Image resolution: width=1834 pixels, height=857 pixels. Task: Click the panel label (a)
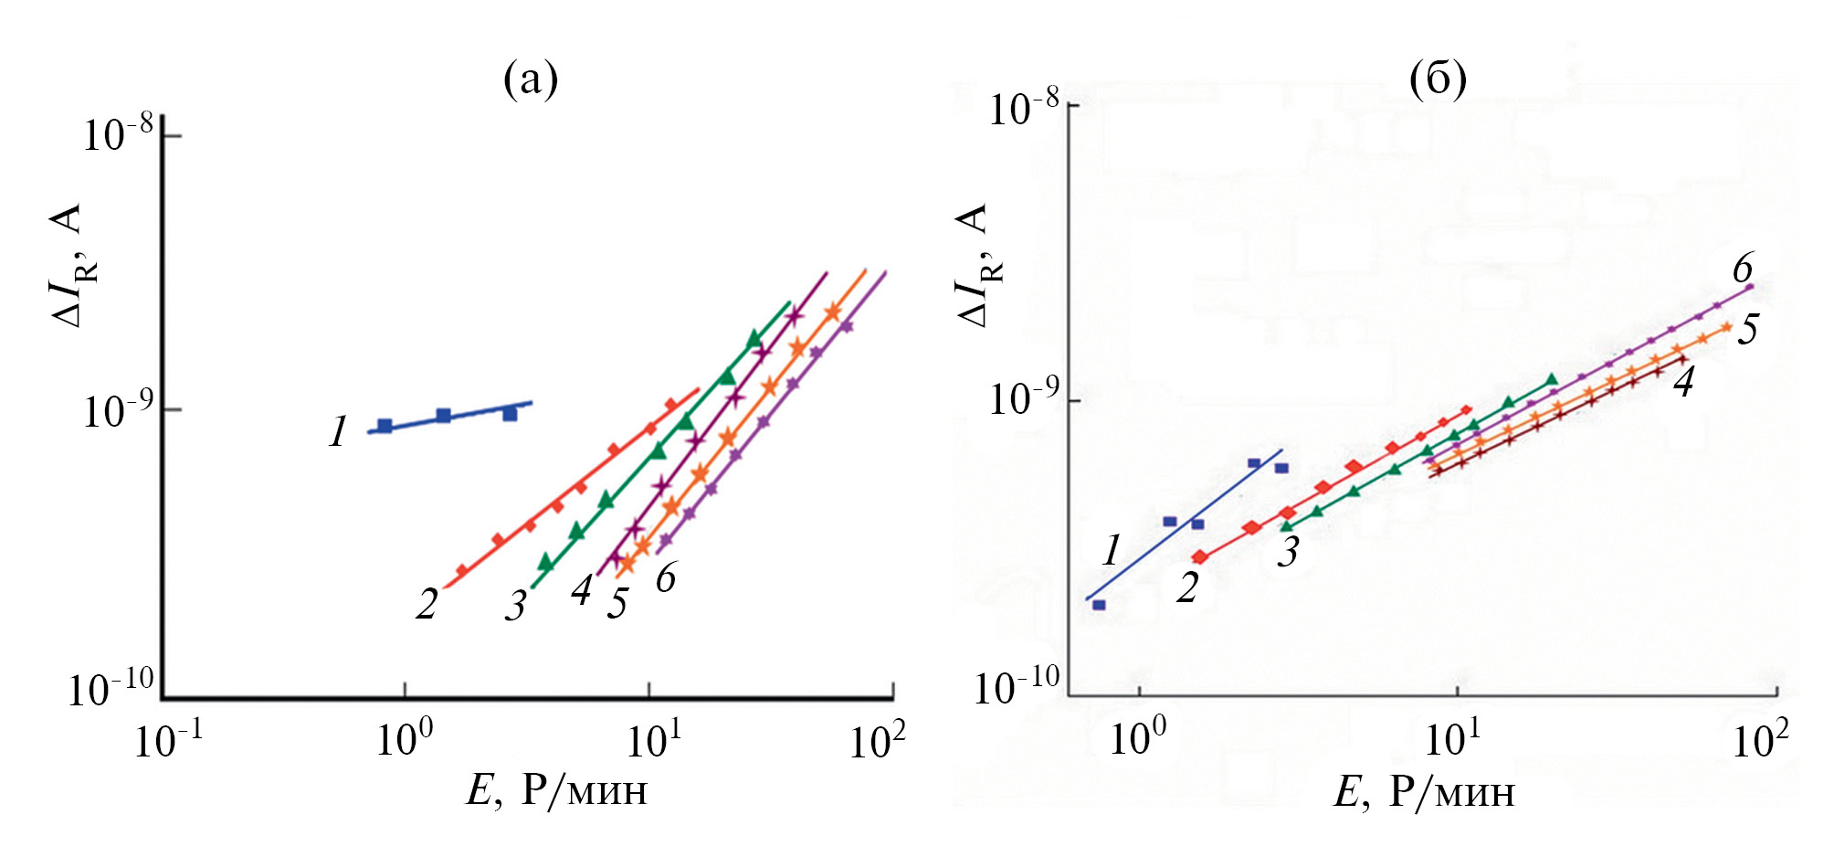[x=530, y=80]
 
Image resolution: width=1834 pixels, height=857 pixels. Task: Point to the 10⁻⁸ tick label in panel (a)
[x=119, y=135]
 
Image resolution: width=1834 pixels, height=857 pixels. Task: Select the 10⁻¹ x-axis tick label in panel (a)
[x=168, y=740]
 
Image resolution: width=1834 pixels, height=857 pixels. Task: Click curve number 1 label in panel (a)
[x=338, y=431]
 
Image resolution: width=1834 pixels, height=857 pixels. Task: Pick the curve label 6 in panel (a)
[x=665, y=577]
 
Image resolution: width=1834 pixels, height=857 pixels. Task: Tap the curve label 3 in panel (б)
[x=1288, y=552]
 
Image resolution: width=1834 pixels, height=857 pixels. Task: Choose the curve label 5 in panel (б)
[x=1747, y=329]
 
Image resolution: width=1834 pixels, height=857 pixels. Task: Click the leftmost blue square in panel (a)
[x=385, y=426]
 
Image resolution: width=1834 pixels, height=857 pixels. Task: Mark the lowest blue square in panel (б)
[x=1099, y=605]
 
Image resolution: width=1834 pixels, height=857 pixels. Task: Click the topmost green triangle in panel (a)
[x=754, y=338]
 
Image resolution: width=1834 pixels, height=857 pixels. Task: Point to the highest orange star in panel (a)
[x=832, y=312]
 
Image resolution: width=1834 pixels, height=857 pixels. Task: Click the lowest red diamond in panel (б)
[x=1199, y=556]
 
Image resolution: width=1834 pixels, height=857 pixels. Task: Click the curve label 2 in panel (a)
[x=427, y=603]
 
